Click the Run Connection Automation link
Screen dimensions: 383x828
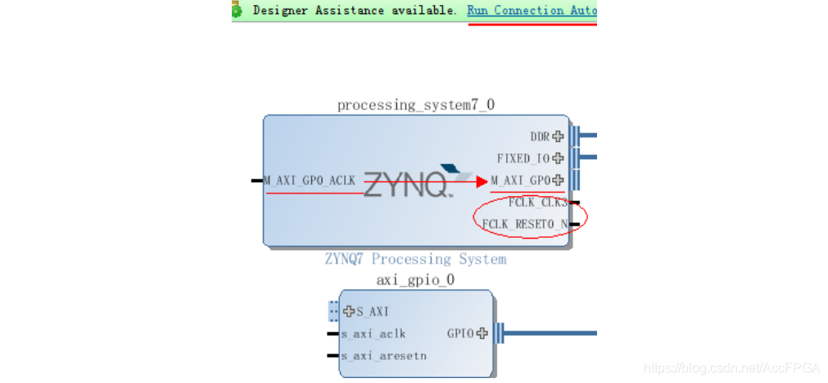532,11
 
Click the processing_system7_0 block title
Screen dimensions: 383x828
416,105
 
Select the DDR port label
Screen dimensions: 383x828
540,137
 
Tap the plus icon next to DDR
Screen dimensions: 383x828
559,137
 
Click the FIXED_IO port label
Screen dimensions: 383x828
523,158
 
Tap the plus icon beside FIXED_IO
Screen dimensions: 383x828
559,158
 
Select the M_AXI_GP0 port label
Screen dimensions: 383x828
521,180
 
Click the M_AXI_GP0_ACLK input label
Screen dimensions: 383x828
310,180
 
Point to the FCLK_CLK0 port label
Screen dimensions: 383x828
537,203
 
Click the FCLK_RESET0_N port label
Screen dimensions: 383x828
525,224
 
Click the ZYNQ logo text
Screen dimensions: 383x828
407,185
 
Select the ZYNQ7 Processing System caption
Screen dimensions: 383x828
415,259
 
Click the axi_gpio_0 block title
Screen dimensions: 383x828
415,280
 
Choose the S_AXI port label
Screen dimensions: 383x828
373,312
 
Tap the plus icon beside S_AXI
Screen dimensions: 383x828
350,312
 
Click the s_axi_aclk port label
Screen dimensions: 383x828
373,334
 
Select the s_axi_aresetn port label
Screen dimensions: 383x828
383,356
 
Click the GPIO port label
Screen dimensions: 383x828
460,334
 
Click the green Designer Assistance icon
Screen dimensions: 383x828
237,10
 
